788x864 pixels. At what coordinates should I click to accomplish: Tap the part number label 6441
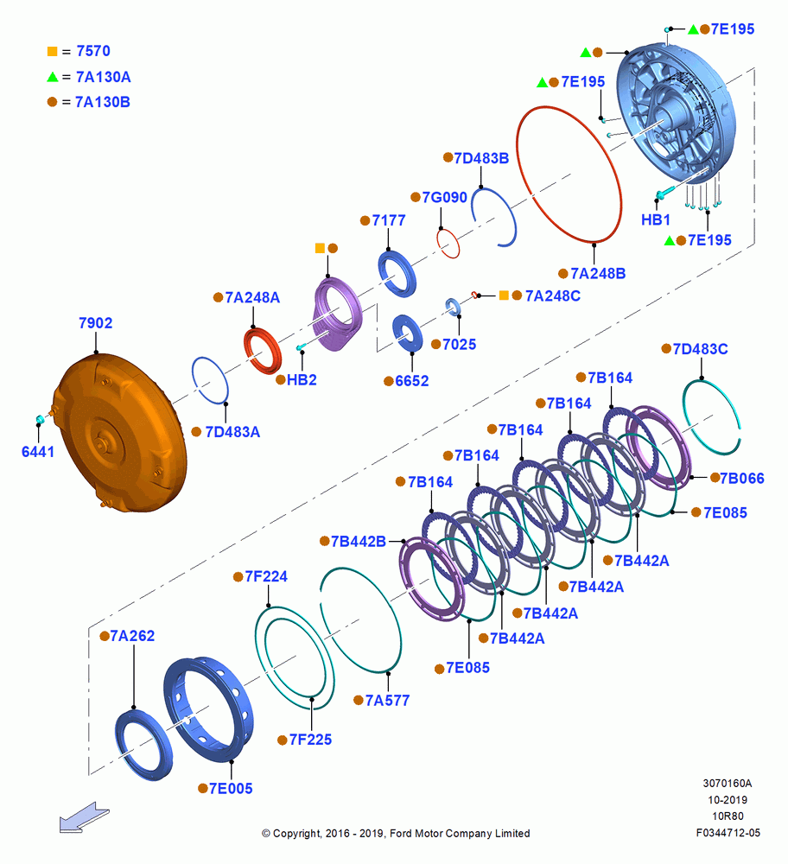37,452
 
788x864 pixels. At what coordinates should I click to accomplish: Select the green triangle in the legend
53,77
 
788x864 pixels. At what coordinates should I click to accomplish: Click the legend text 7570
93,51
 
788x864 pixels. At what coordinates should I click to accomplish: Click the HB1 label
656,219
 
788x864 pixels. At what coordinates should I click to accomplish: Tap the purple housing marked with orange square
337,314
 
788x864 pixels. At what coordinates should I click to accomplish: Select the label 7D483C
701,349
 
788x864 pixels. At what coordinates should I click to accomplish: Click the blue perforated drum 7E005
209,709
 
